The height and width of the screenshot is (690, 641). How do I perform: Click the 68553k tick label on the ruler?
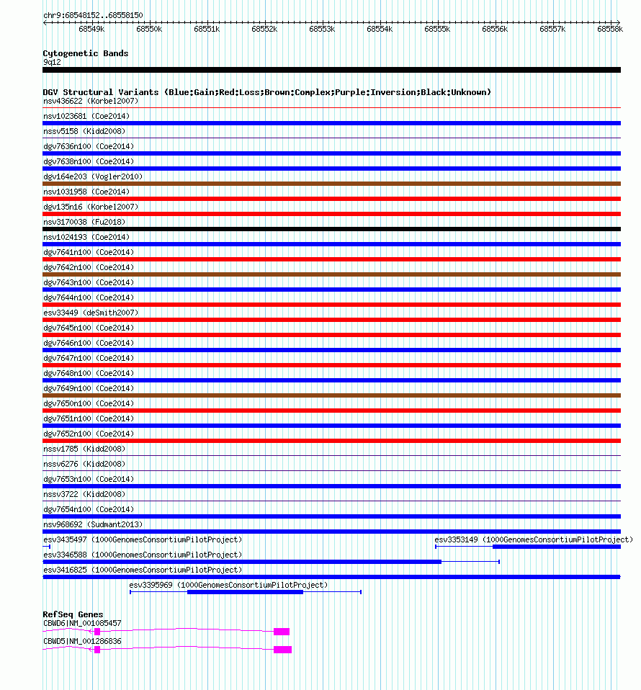[x=322, y=29]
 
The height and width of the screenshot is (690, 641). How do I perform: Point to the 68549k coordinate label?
[x=91, y=29]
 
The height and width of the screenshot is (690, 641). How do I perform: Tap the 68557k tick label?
[x=552, y=29]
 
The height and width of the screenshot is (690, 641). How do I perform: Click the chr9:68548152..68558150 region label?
[x=93, y=15]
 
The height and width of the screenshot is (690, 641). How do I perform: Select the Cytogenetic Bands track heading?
[x=85, y=53]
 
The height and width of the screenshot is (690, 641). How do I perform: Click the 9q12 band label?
[x=52, y=62]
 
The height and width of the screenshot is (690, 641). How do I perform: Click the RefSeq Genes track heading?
[x=73, y=614]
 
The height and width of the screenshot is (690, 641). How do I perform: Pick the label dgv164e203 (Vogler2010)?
[x=93, y=176]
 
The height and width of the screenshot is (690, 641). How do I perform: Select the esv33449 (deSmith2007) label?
[x=90, y=313]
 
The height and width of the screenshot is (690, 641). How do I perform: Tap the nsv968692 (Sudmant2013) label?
[x=93, y=524]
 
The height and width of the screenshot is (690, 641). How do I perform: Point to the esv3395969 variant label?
[x=228, y=585]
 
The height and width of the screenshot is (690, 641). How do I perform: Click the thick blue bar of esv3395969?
[x=245, y=592]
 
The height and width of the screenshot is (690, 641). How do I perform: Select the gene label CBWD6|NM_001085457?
[x=82, y=623]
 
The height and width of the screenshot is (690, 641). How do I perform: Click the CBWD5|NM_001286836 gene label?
[x=82, y=641]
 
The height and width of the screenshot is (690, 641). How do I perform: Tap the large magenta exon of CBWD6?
[x=282, y=632]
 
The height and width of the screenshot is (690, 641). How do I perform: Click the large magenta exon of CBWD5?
[x=282, y=650]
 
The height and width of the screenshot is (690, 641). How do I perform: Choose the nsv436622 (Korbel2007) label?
[x=91, y=101]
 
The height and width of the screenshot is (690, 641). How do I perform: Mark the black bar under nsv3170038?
[x=331, y=229]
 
